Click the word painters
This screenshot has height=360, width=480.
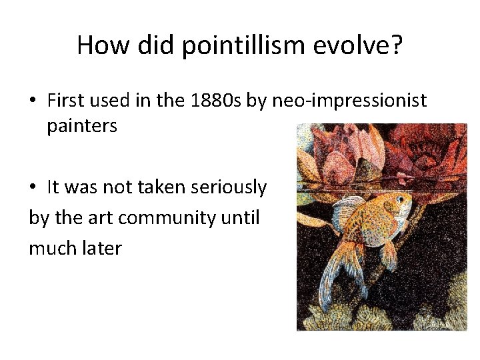coord(82,126)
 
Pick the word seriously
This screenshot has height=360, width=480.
coord(229,188)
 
